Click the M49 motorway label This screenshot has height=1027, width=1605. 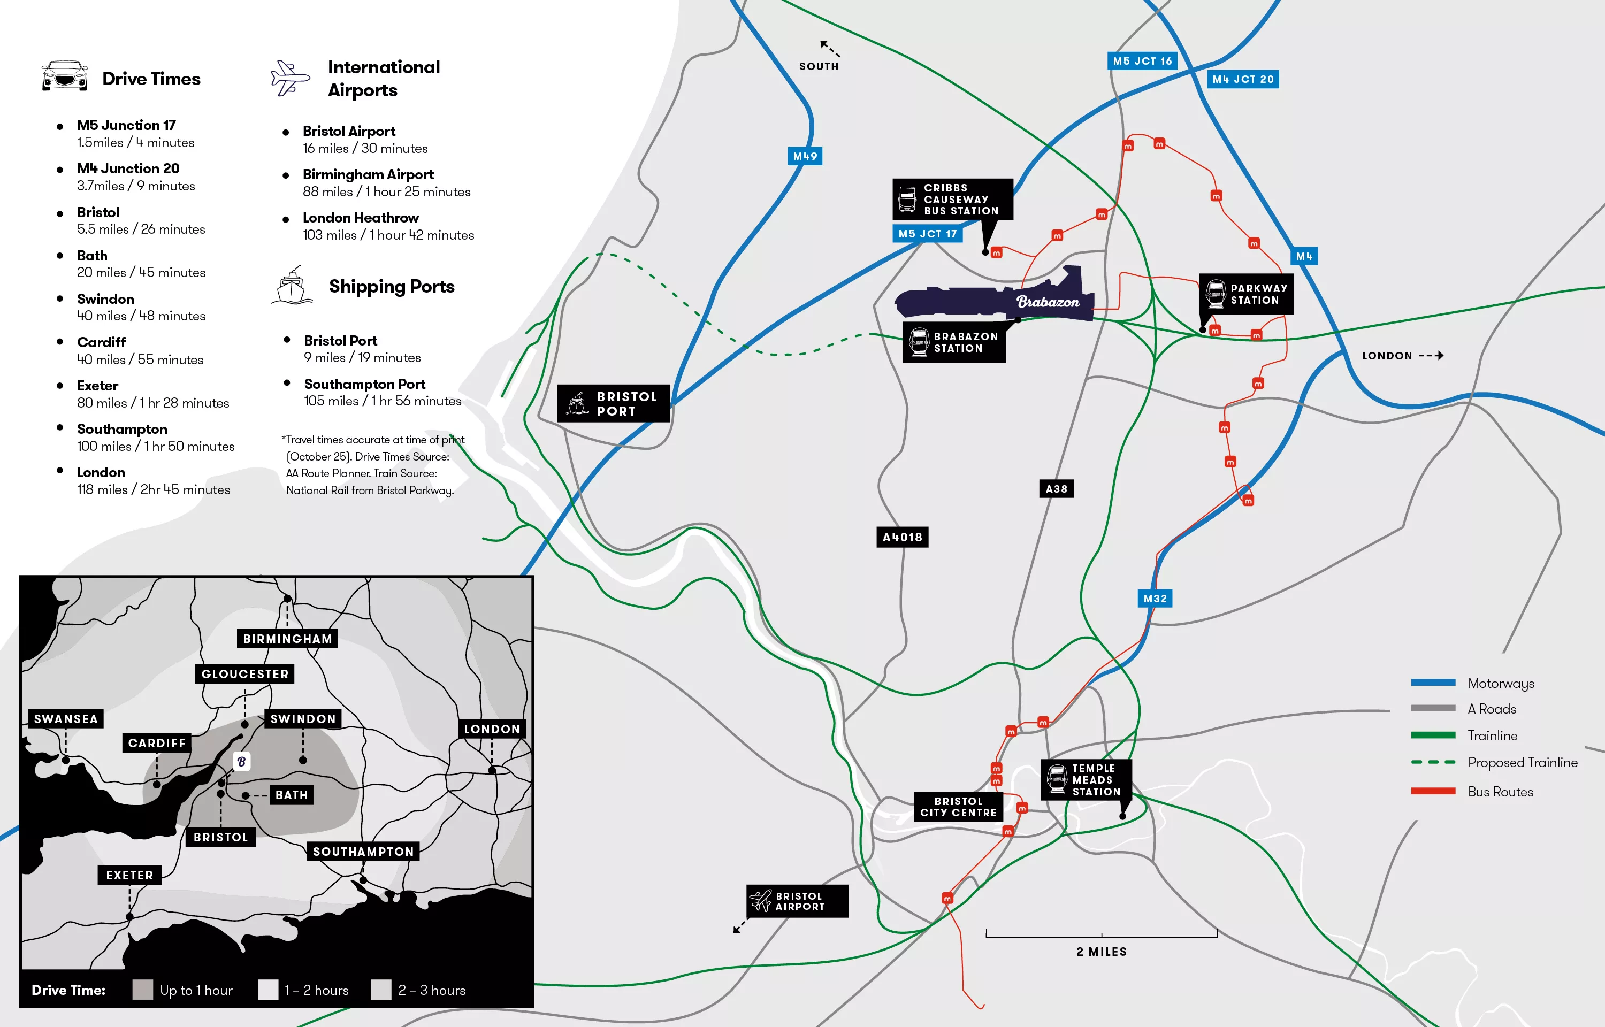click(805, 156)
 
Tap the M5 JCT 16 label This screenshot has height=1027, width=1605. click(1142, 60)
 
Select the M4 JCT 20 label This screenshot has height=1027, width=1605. click(1242, 79)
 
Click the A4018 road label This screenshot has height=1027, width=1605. click(901, 537)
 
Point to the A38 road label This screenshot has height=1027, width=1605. click(1056, 489)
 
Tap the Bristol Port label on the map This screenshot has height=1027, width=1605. click(614, 403)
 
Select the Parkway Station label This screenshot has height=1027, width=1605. click(1245, 294)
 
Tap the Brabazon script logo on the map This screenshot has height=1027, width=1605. click(1048, 302)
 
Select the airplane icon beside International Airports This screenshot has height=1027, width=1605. click(290, 78)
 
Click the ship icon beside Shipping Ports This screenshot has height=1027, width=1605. click(292, 286)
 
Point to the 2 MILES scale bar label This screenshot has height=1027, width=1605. click(1101, 952)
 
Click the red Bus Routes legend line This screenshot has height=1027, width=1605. click(1433, 791)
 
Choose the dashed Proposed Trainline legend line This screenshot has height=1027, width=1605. click(1433, 762)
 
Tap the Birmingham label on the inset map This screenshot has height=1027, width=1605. click(287, 638)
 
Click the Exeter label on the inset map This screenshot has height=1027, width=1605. click(129, 875)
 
